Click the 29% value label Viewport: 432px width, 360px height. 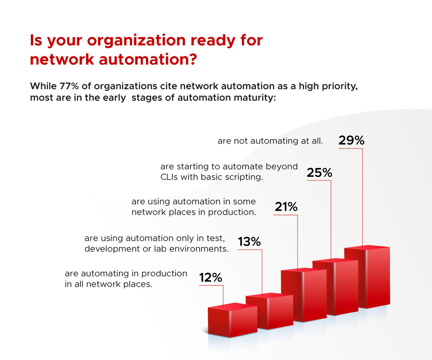(x=351, y=140)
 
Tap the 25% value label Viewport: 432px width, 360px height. (x=319, y=173)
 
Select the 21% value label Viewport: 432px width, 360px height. (x=286, y=207)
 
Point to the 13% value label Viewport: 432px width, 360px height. (x=249, y=242)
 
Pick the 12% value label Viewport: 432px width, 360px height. (x=210, y=277)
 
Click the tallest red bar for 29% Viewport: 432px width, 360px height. (x=367, y=276)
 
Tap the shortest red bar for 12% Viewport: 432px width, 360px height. (x=232, y=320)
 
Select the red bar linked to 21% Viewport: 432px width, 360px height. (x=304, y=295)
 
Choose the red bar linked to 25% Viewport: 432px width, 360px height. (x=335, y=287)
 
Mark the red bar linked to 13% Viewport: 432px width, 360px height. (x=270, y=311)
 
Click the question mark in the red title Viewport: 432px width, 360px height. (x=192, y=59)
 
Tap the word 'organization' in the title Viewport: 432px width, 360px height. (x=136, y=41)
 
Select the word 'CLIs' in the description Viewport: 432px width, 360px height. (x=169, y=177)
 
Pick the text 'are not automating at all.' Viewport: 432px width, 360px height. (x=270, y=141)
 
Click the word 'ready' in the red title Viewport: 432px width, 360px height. (x=213, y=41)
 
